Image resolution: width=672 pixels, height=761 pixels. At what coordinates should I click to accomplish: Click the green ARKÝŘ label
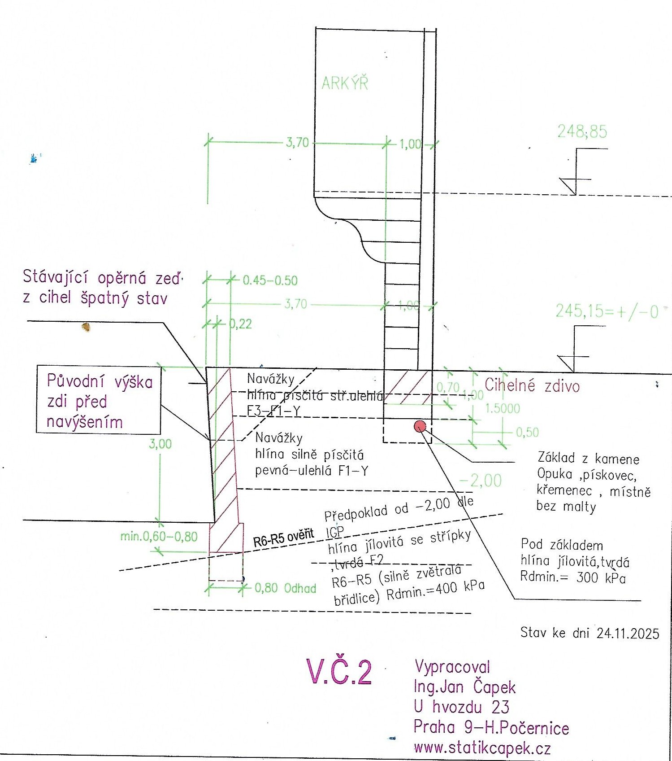tap(345, 83)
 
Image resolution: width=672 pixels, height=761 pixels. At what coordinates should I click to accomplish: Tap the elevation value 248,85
tap(582, 131)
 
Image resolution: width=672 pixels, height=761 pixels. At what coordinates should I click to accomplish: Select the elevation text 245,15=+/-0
tap(607, 311)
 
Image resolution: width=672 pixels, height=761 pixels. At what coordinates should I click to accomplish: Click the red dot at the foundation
tap(420, 426)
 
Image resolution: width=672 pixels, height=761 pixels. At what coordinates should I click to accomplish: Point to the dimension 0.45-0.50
tap(270, 280)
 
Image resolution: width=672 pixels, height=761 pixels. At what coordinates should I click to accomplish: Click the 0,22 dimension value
tap(241, 324)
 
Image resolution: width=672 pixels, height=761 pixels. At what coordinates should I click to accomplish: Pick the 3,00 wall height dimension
tap(160, 444)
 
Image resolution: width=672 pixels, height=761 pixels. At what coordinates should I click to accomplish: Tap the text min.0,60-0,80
tap(159, 536)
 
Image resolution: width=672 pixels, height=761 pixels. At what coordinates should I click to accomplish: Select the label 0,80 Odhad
tap(285, 588)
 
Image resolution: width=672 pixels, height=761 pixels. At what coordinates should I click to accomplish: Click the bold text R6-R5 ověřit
tap(283, 538)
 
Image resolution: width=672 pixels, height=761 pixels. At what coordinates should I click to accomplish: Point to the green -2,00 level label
tap(481, 481)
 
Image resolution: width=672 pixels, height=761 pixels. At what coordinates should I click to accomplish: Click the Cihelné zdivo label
tap(532, 386)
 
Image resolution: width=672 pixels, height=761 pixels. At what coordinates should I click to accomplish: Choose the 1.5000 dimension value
tap(503, 408)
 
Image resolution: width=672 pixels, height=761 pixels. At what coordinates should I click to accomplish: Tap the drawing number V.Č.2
tap(339, 672)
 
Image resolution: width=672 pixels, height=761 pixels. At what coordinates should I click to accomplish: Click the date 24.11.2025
tap(628, 633)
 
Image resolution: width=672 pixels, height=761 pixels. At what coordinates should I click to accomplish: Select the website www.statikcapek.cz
tap(482, 748)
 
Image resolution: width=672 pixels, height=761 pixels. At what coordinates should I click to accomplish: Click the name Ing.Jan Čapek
tap(464, 687)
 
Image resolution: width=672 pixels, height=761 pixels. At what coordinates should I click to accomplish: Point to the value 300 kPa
tap(601, 577)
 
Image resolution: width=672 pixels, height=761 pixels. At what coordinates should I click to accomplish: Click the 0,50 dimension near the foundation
tap(527, 432)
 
